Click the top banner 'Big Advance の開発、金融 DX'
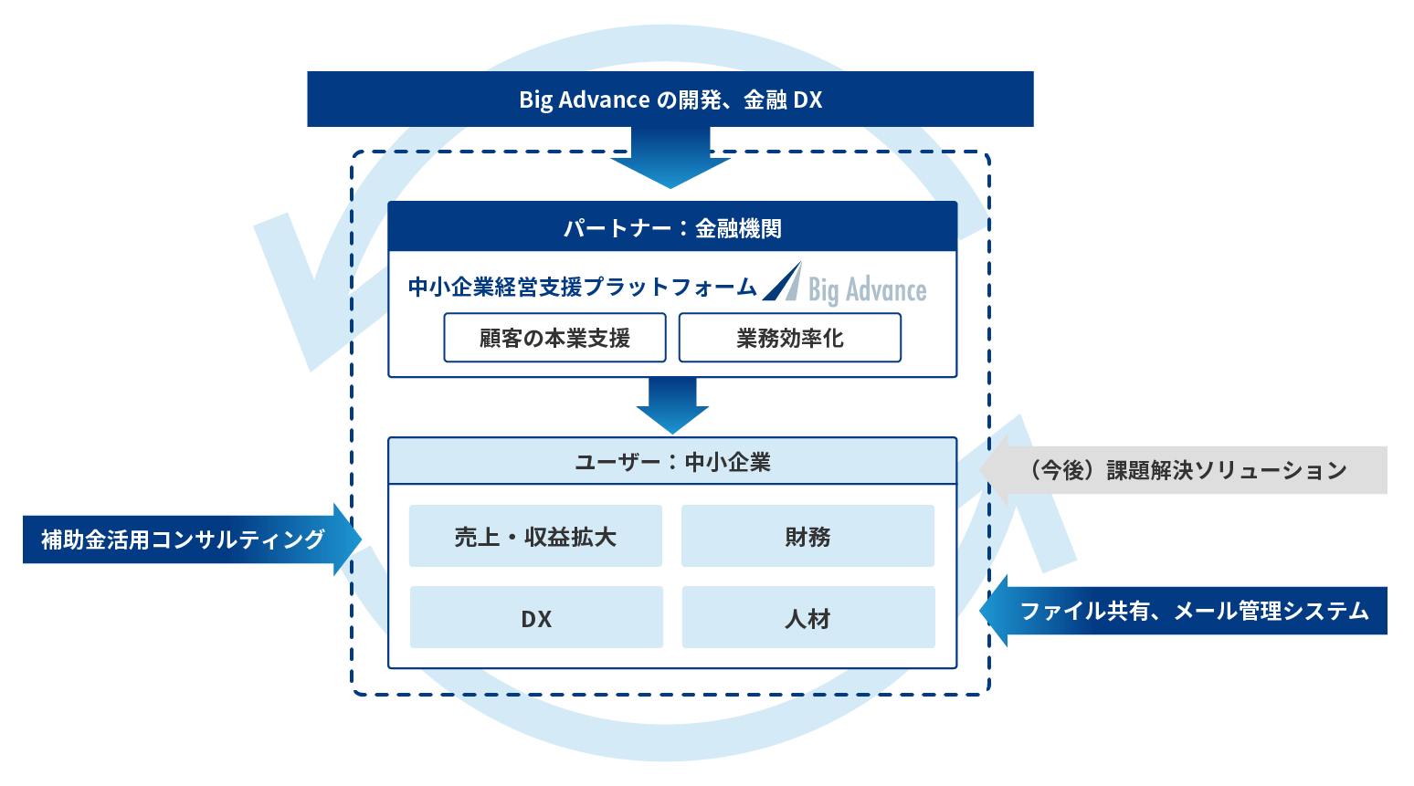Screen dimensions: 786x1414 [670, 99]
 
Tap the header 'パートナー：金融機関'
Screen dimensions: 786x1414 [672, 227]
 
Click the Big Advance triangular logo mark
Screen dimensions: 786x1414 [783, 283]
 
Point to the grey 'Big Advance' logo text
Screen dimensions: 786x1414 [867, 290]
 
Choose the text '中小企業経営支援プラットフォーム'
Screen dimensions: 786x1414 [582, 288]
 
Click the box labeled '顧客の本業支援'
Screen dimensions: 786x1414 [554, 338]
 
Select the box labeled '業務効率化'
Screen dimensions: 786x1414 [789, 338]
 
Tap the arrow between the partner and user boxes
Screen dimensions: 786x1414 [672, 405]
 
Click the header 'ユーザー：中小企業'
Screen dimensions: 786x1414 [672, 462]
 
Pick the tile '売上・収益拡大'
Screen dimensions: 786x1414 [535, 537]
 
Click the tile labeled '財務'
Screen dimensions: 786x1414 [807, 537]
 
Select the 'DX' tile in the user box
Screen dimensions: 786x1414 [536, 618]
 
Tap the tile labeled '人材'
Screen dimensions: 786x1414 [807, 618]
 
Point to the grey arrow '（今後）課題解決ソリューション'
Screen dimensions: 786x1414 [1186, 470]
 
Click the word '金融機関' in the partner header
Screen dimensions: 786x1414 [738, 228]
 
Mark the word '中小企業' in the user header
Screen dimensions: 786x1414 [727, 462]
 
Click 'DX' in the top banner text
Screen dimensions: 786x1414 [807, 100]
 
